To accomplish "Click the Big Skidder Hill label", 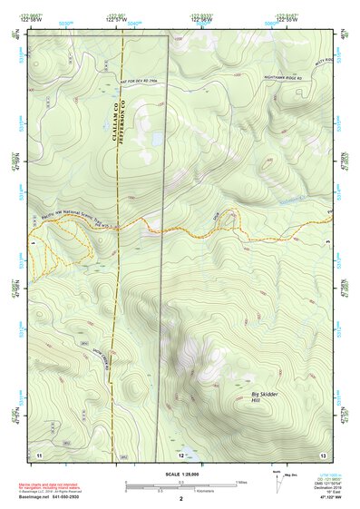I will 265,396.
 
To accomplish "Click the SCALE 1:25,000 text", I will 180,475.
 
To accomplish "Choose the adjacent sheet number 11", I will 39,452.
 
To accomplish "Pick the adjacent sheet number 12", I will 181,453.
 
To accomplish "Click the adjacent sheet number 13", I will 323,452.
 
